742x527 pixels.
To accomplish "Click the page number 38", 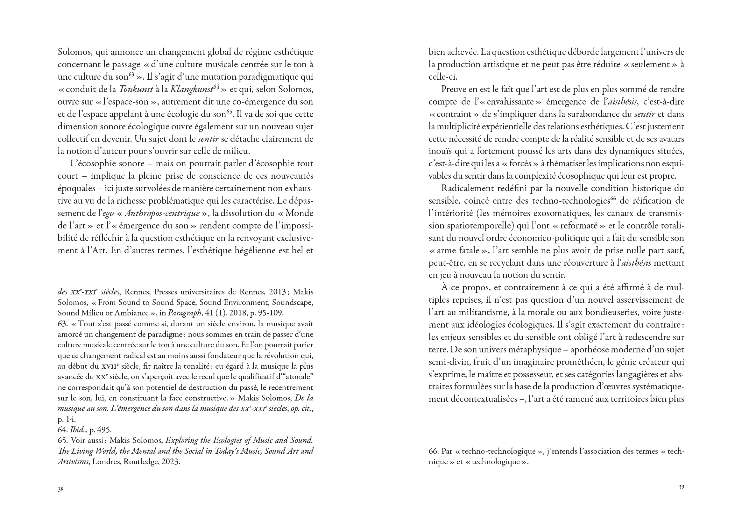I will [60, 489].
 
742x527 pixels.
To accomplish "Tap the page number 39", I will [681, 487].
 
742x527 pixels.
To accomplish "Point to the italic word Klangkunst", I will [191, 89].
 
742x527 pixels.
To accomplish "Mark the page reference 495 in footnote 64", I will [105, 430].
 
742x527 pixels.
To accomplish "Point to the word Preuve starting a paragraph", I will [454, 89].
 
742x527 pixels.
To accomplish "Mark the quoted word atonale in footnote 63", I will [301, 377].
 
